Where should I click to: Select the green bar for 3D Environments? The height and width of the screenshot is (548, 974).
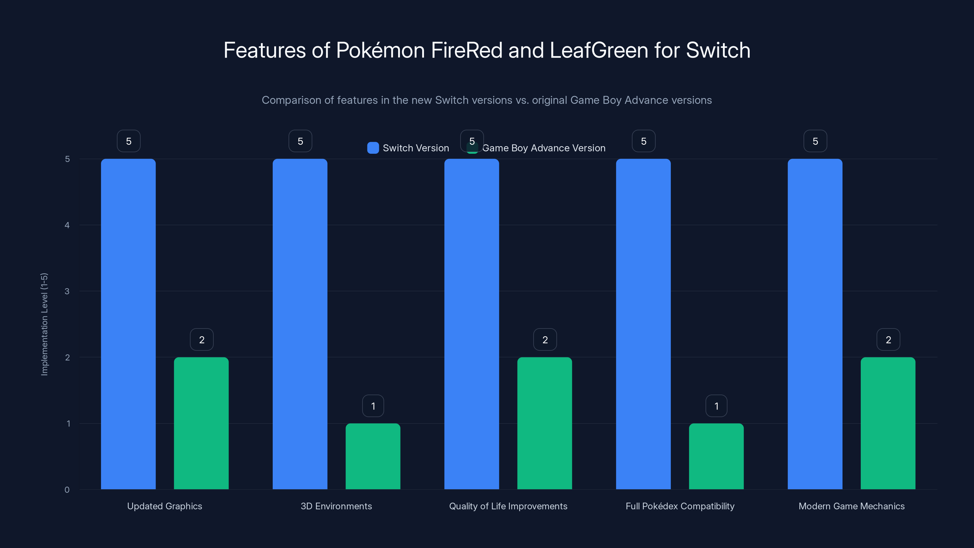point(373,456)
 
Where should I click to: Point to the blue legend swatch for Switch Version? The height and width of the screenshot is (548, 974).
point(373,148)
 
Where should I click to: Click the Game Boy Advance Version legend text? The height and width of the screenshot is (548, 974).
point(544,148)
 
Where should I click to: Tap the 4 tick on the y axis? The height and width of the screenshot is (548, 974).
point(67,225)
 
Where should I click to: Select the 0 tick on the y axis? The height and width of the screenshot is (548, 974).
point(67,490)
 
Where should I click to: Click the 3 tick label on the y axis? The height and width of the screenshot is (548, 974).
point(67,291)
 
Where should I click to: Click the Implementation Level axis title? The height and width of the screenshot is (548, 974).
point(44,324)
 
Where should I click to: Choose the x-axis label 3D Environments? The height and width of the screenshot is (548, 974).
point(336,506)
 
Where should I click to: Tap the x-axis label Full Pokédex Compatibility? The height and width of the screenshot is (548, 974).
point(680,506)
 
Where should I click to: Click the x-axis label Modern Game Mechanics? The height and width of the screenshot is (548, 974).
point(852,506)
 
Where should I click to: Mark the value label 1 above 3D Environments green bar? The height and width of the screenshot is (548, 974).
point(373,406)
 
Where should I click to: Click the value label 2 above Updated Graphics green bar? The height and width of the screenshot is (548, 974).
point(201,340)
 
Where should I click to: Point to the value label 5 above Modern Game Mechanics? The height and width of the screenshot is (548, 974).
point(815,141)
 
